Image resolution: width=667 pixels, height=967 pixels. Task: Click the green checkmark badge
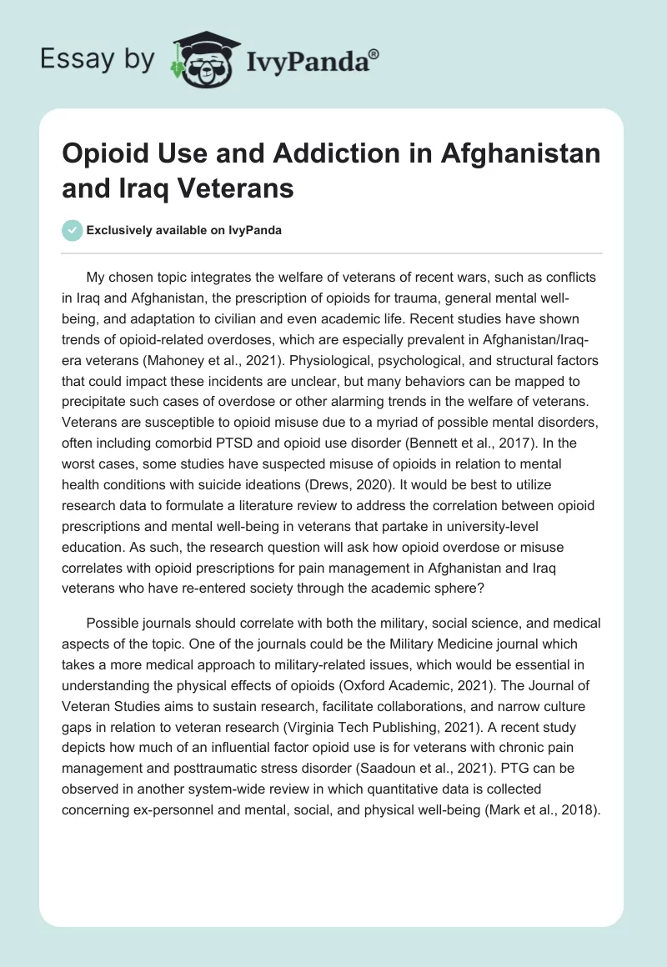click(x=73, y=230)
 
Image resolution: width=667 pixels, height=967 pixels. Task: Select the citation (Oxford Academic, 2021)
click(x=442, y=686)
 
